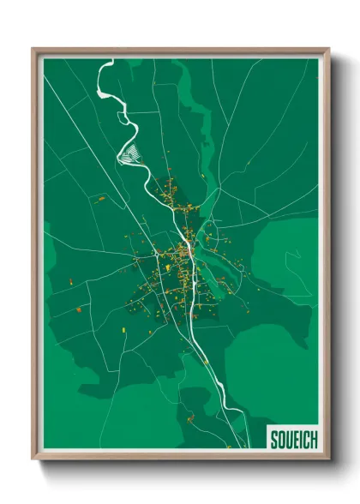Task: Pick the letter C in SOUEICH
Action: tap(305, 440)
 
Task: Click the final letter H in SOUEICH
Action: tap(313, 440)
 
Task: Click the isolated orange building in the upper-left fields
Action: tap(101, 198)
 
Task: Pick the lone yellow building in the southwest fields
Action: tap(79, 309)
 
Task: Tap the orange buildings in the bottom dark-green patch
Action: tap(190, 418)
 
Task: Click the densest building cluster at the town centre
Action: tap(182, 257)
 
